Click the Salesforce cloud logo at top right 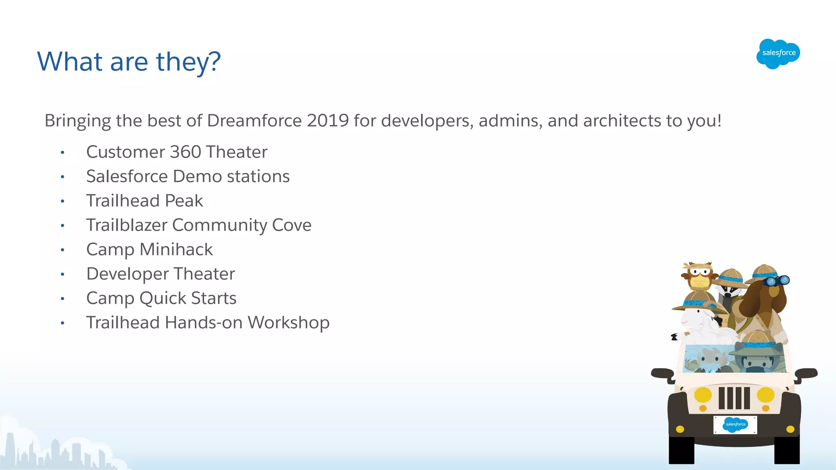(x=778, y=54)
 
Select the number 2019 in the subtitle (x=327, y=121)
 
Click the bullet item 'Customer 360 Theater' (x=177, y=152)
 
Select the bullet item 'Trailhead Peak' (x=145, y=201)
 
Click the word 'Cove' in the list (x=291, y=225)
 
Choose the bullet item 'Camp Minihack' (x=149, y=250)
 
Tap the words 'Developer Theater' (x=160, y=274)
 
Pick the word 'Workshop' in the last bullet (x=289, y=323)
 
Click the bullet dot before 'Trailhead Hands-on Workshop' (x=62, y=323)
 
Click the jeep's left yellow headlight (x=703, y=395)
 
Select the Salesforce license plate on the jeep (x=735, y=425)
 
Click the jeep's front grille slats (x=734, y=398)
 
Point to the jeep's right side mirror (x=806, y=373)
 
